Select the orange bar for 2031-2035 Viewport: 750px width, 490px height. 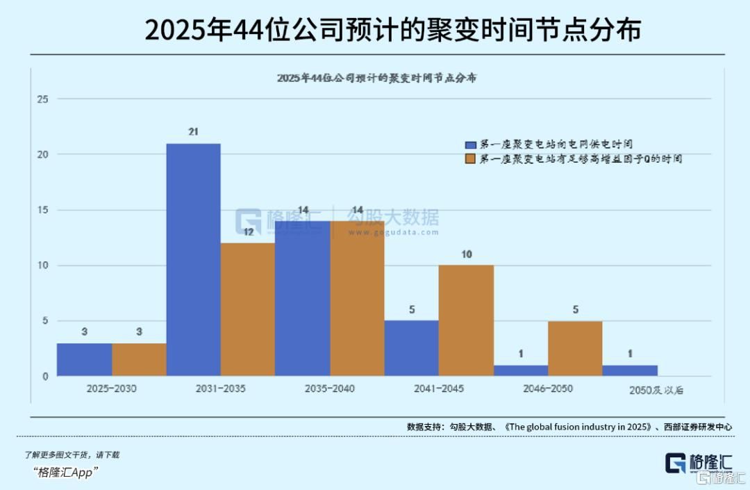click(248, 309)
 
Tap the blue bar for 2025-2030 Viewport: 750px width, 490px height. click(84, 359)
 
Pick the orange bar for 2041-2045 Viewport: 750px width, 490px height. click(466, 320)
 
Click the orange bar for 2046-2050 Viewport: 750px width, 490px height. click(575, 348)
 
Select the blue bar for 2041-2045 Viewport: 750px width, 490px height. click(412, 348)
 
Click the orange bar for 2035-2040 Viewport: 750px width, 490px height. click(357, 298)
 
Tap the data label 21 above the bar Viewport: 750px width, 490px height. click(194, 131)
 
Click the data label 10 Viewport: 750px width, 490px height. click(466, 254)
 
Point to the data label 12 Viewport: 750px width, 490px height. click(248, 232)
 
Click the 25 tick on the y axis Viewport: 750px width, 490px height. click(42, 99)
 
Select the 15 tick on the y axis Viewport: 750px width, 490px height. click(42, 210)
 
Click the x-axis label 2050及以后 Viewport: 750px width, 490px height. click(657, 389)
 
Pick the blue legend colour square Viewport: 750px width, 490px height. click(470, 145)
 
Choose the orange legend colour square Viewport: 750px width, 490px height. click(470, 159)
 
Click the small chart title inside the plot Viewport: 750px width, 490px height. click(376, 78)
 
